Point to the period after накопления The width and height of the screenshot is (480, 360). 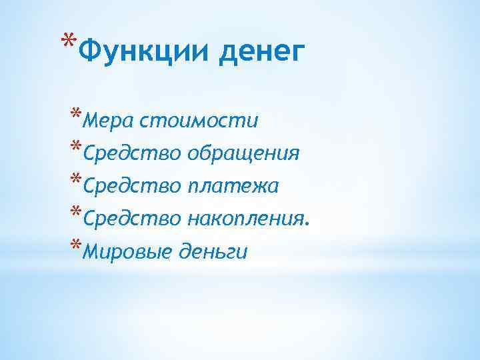point(307,225)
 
